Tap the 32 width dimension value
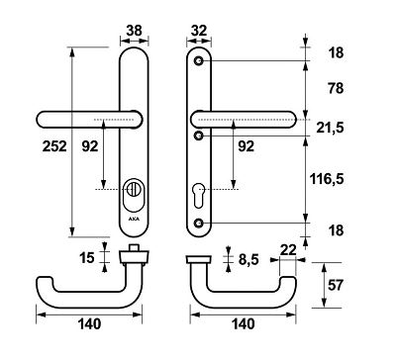pos(201,30)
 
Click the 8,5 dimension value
pos(250,260)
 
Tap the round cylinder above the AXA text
pos(134,188)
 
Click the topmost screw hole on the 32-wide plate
pos(201,61)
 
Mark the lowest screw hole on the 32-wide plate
pos(201,224)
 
